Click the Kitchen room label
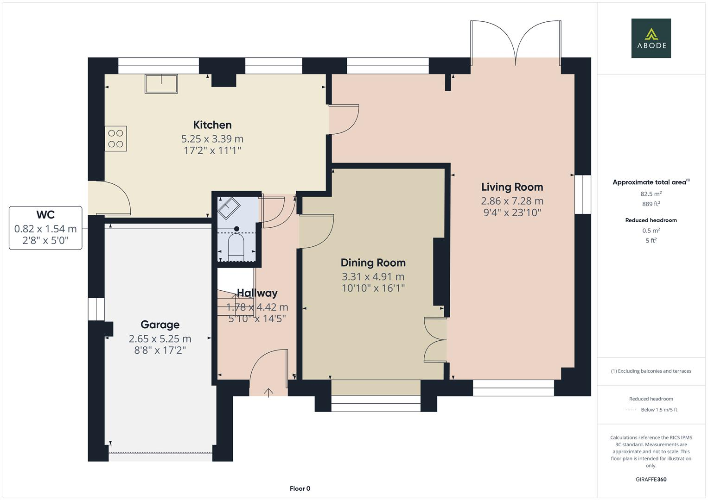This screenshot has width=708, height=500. click(212, 125)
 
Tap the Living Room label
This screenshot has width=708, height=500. click(512, 187)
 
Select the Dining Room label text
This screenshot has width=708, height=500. click(373, 263)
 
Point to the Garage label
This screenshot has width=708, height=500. click(160, 325)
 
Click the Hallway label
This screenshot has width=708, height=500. click(257, 293)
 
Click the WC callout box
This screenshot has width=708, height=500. click(45, 228)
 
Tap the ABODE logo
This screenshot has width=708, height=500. click(651, 38)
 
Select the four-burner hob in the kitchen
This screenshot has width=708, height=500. click(116, 138)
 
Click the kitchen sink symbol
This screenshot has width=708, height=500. click(161, 84)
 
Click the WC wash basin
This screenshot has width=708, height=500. click(228, 208)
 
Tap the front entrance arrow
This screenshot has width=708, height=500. click(268, 392)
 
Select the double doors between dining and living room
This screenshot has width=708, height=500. click(435, 340)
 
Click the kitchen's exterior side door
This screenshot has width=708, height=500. click(111, 198)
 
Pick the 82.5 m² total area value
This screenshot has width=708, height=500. click(651, 194)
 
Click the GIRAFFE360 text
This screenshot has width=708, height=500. click(651, 479)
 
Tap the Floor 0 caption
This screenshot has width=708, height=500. click(300, 488)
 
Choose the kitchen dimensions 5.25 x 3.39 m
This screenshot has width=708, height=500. click(212, 139)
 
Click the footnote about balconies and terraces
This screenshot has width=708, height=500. click(651, 371)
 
